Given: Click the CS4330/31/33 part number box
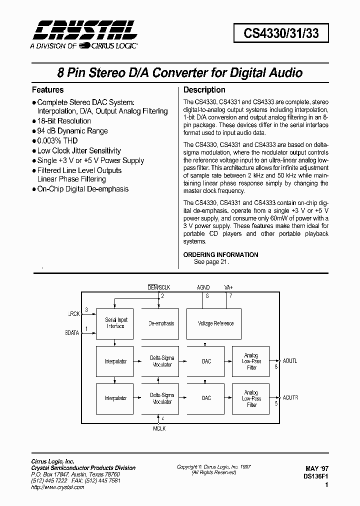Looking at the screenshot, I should [x=279, y=33].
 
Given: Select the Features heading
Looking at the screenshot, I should [x=47, y=90].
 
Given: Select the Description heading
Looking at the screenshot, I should [x=204, y=90].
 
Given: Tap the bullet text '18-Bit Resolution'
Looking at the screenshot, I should [x=64, y=121].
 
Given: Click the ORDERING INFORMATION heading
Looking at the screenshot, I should [x=221, y=254].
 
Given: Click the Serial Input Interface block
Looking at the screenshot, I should [x=115, y=323].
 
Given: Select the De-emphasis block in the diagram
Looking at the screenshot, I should [x=161, y=323].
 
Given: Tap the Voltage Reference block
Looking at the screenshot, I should [x=215, y=323].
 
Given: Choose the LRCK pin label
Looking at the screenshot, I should [x=72, y=314].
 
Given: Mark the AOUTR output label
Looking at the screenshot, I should [x=290, y=398].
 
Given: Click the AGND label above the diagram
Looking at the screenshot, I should [x=203, y=287].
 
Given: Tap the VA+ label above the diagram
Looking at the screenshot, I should [x=229, y=287].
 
